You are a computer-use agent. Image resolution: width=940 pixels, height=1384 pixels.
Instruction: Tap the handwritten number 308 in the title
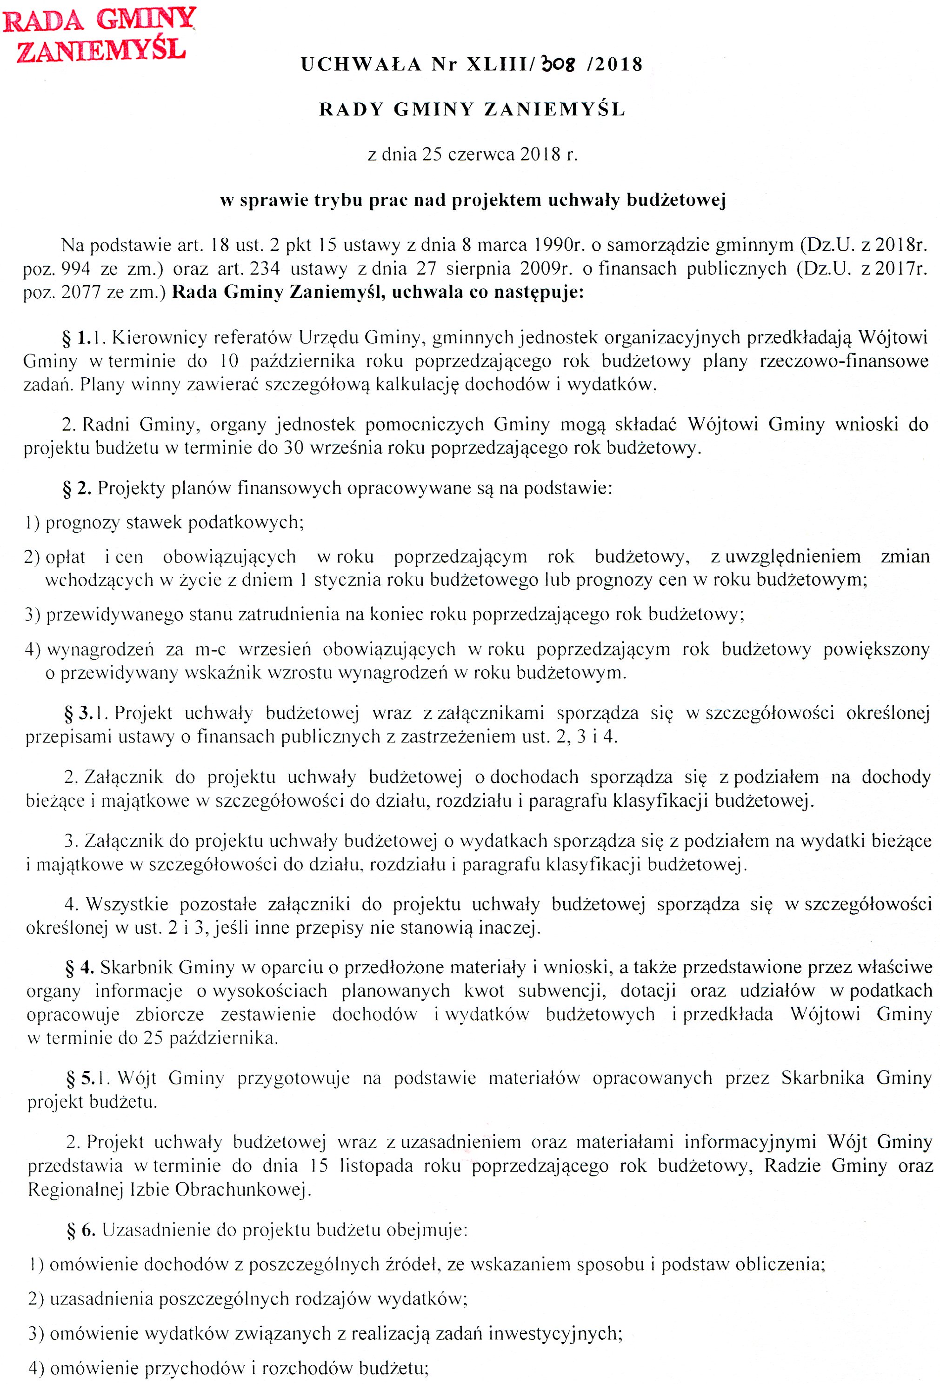(558, 64)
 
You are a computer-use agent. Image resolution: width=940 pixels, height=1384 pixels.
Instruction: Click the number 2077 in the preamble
(81, 293)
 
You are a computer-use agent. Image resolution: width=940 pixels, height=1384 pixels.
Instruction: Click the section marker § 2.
(77, 488)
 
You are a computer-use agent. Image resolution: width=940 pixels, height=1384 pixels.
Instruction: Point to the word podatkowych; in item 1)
(246, 522)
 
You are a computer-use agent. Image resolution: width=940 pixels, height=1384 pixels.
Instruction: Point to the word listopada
(376, 1165)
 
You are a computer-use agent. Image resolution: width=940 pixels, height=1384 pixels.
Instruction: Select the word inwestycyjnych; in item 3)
(555, 1333)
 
